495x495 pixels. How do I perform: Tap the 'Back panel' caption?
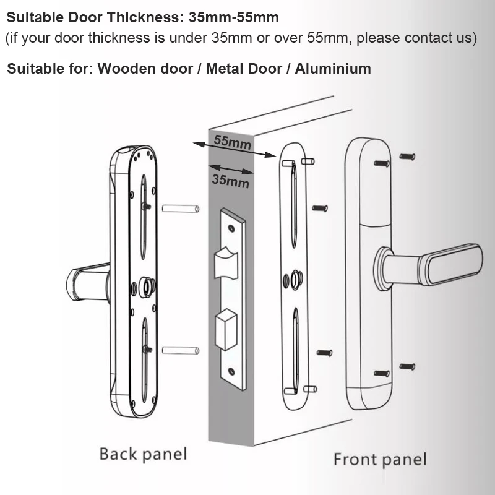tap(143, 454)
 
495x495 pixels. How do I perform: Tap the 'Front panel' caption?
tap(380, 459)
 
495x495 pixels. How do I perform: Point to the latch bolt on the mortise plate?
tap(225, 264)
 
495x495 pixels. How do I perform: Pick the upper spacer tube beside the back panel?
tap(180, 209)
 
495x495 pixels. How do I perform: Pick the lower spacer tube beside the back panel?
tap(180, 350)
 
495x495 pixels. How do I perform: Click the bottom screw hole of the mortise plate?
tap(231, 372)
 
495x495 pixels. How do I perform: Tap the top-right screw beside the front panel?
tap(407, 157)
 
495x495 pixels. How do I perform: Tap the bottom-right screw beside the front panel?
tap(407, 367)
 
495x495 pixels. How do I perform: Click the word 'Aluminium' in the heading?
tap(333, 68)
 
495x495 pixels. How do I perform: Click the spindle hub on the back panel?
tap(147, 286)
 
